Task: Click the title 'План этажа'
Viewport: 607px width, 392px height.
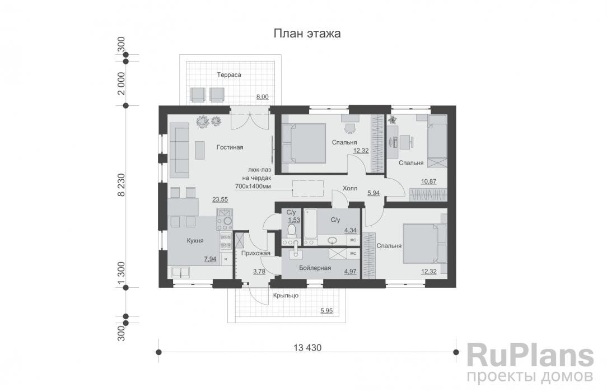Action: click(x=307, y=34)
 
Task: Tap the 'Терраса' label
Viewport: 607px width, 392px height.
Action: click(x=229, y=74)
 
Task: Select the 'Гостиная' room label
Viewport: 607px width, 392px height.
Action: click(x=230, y=147)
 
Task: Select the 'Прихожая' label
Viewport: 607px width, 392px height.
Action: click(x=256, y=253)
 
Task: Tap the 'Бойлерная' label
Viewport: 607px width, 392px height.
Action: click(x=315, y=268)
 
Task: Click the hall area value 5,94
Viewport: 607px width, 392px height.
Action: click(x=373, y=193)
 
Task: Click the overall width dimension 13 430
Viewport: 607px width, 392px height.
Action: click(x=307, y=348)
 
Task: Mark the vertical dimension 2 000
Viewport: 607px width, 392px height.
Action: click(x=120, y=83)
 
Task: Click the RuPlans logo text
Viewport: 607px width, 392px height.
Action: click(x=530, y=356)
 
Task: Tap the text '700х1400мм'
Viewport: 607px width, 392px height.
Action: click(x=253, y=185)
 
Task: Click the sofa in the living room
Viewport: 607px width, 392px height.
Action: click(x=180, y=150)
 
